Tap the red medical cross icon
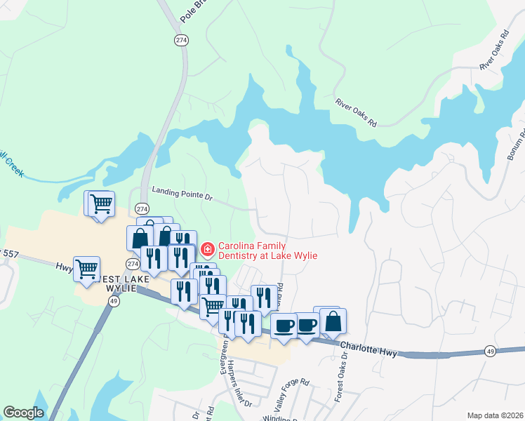207,249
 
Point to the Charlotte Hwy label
368,348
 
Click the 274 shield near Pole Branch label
182,41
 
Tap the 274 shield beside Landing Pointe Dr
142,209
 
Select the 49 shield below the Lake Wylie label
113,301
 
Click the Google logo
23,413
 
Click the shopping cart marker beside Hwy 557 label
86,268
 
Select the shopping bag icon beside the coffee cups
334,322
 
